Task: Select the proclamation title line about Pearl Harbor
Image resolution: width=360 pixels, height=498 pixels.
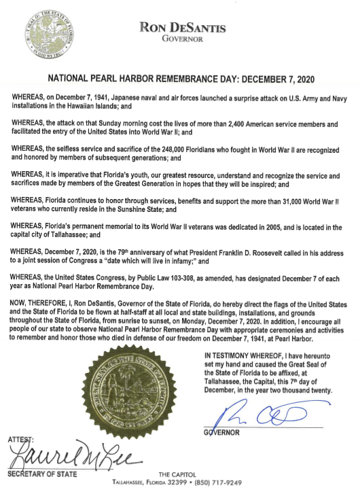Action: pyautogui.click(x=179, y=77)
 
